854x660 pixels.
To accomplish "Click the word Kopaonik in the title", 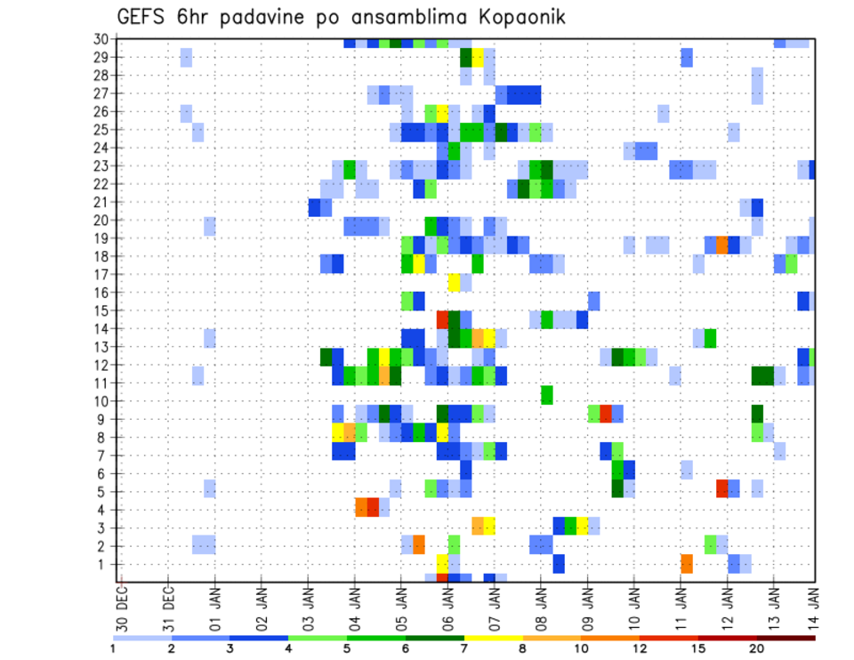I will [x=514, y=17].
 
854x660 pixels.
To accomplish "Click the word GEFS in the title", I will [x=141, y=17].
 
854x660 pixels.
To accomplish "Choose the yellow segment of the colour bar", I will [x=493, y=638].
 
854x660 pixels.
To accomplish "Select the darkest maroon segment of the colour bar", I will [x=786, y=638].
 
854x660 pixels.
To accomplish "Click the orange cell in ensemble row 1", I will [x=687, y=564].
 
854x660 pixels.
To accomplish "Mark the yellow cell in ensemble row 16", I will [x=454, y=282].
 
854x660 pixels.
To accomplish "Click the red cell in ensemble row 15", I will [x=442, y=318].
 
